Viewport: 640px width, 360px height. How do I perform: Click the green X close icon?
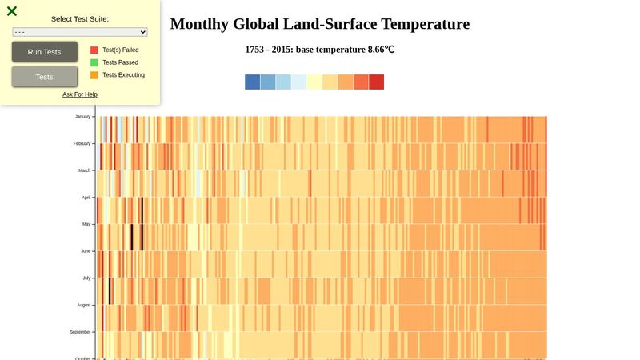[x=12, y=11]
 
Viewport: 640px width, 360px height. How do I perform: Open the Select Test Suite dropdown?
[x=80, y=32]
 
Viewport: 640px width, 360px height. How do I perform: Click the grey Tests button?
[x=45, y=77]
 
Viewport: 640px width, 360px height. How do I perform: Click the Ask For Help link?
[x=80, y=94]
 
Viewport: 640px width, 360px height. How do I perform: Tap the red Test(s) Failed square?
[x=94, y=50]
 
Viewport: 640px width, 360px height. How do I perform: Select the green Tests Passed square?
[x=94, y=62]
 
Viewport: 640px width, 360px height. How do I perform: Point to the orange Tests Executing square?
[x=94, y=75]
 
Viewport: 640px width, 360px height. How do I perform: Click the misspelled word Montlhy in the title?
[x=199, y=24]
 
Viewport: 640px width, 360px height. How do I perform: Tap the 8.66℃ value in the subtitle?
[x=381, y=50]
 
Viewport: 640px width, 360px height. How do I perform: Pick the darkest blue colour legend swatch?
[x=252, y=82]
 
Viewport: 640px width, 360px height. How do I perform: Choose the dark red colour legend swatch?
[x=376, y=82]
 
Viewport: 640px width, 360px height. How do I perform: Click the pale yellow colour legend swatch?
[x=314, y=82]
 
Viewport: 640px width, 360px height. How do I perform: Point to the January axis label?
[x=82, y=117]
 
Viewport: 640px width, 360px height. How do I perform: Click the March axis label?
[x=84, y=170]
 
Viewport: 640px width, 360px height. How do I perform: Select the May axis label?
[x=86, y=224]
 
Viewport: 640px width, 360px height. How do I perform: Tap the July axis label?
[x=86, y=278]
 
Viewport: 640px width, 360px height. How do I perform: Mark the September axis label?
[x=80, y=331]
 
